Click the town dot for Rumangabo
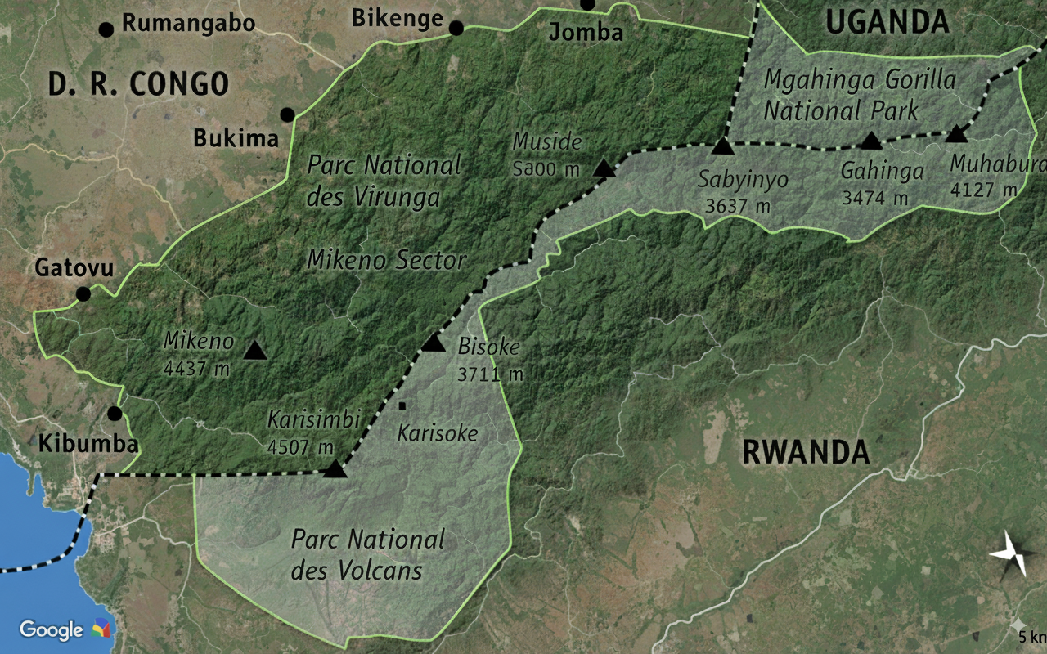106,30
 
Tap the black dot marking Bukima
287,114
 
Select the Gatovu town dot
83,294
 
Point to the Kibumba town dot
115,414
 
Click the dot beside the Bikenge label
456,29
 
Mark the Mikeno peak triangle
255,352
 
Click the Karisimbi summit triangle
335,469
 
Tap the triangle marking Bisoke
433,343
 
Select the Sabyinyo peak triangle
721,146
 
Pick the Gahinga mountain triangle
871,141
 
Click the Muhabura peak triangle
956,134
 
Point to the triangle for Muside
604,169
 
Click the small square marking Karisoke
402,405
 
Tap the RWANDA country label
806,451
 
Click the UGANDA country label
887,22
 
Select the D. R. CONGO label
137,83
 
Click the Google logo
51,629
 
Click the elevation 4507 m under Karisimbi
301,447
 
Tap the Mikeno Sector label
386,261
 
